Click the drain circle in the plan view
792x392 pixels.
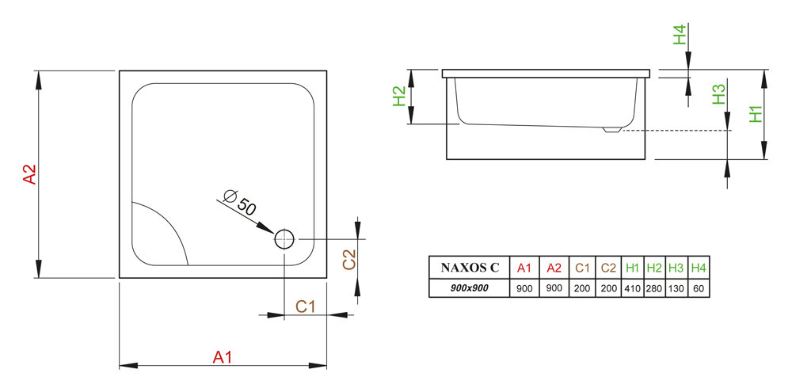(284, 238)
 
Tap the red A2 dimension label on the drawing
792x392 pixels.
(29, 175)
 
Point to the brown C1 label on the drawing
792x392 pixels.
(307, 306)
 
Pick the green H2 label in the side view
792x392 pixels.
(400, 96)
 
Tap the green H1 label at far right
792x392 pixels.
(756, 114)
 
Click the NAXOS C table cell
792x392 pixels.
(469, 268)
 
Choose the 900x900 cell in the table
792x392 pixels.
(469, 287)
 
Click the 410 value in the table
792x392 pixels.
(632, 287)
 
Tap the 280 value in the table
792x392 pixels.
(654, 287)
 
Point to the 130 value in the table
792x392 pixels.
(676, 287)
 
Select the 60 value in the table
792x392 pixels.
(699, 287)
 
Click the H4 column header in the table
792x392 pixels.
(699, 268)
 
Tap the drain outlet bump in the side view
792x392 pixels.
(611, 129)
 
